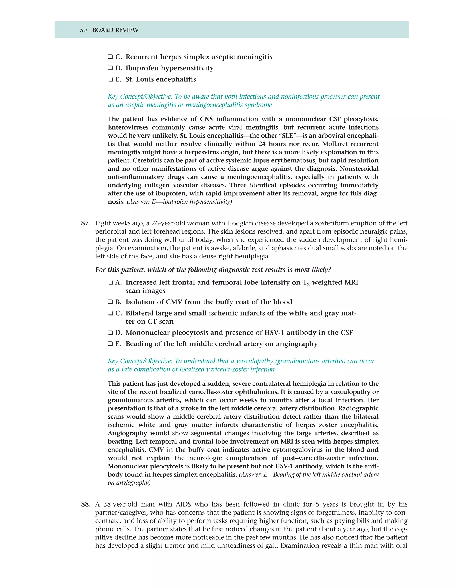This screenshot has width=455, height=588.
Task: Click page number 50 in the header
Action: point(83,30)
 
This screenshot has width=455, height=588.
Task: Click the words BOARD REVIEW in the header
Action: point(115,30)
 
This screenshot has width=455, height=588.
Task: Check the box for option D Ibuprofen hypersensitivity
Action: point(110,68)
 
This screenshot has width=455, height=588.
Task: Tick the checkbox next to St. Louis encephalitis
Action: point(110,79)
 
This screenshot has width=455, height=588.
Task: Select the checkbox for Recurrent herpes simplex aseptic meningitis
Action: point(110,57)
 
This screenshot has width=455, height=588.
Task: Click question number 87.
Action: point(86,223)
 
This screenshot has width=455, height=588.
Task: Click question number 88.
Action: point(86,504)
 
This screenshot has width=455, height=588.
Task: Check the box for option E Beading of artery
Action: point(110,344)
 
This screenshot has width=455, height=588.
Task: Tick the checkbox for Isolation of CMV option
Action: point(110,302)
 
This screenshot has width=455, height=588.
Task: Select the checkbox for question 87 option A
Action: point(110,283)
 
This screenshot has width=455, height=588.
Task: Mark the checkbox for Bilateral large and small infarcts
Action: point(110,313)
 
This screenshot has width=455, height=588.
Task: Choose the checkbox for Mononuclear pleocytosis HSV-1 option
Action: point(110,333)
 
